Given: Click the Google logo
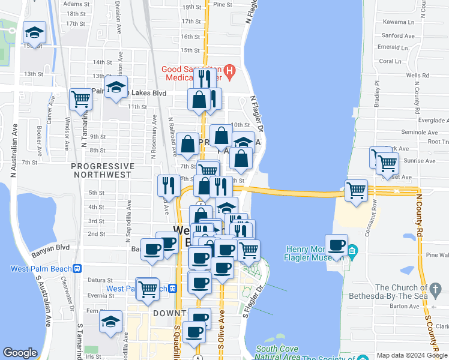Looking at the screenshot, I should tap(20, 353).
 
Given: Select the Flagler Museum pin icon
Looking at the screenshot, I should tap(352, 249).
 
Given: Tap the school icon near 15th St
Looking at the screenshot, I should tap(35, 34).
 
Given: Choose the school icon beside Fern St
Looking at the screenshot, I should tap(110, 322).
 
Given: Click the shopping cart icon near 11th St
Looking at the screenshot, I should tap(80, 99).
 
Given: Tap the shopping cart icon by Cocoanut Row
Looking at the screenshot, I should tap(357, 191).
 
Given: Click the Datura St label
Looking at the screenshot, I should tap(99, 280).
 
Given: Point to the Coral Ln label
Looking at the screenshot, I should tap(390, 61).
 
